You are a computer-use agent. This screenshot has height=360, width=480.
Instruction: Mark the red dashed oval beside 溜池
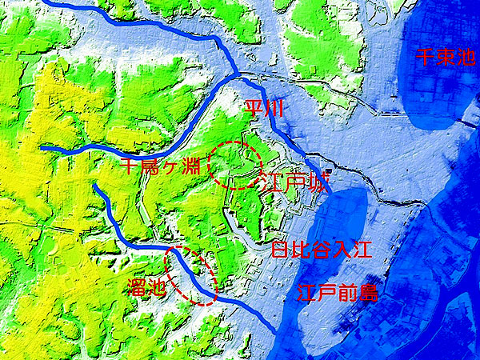191,274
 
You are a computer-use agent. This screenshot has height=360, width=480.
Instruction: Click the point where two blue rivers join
238,75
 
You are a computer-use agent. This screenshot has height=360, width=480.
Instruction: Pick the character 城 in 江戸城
318,182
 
